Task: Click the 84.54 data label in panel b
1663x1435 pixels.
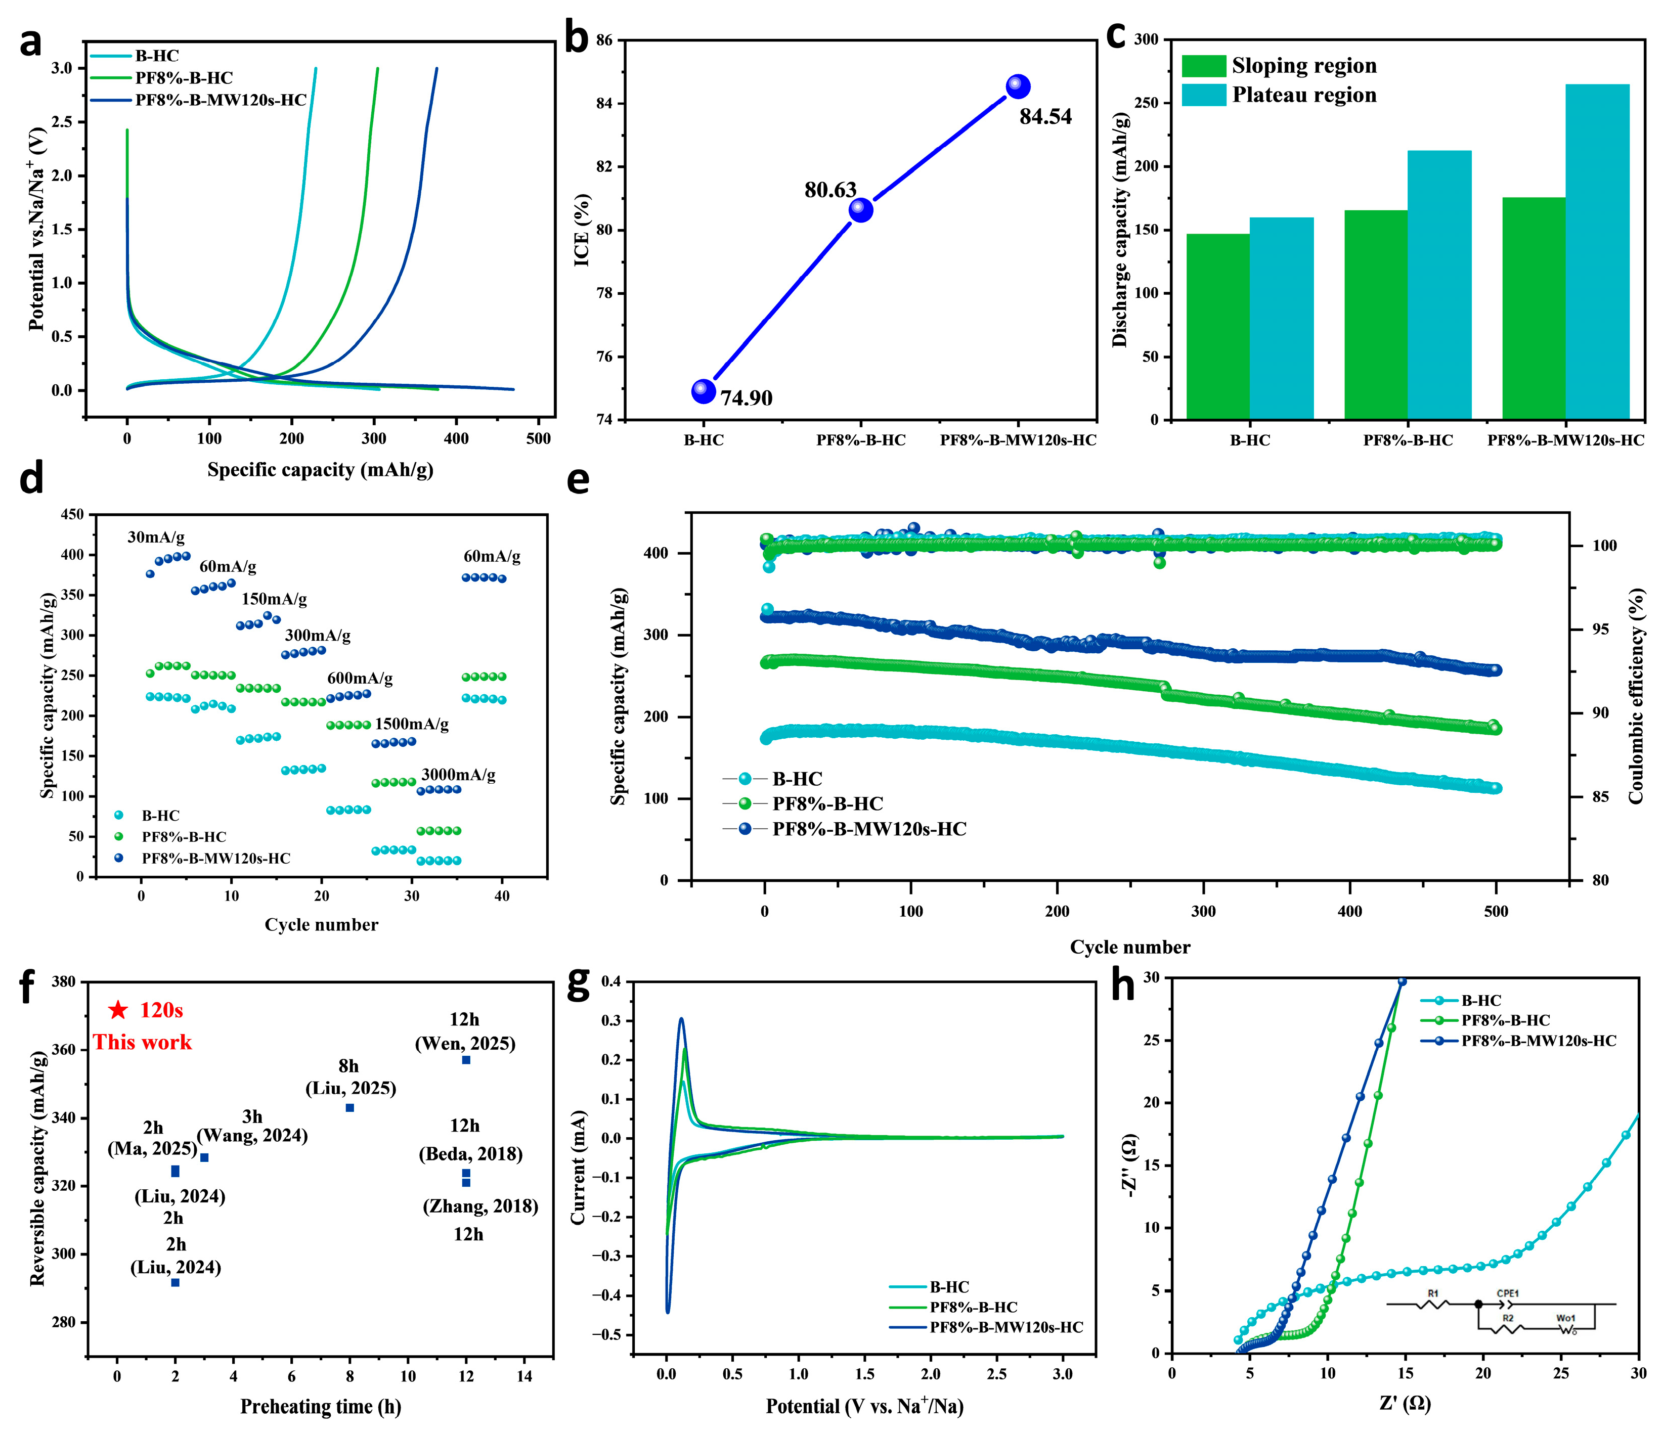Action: pos(1045,117)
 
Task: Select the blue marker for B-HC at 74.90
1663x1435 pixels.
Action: pos(703,391)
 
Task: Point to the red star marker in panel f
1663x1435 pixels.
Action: pos(118,1010)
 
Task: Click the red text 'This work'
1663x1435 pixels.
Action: pos(142,1043)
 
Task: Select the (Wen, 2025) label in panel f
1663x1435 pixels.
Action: pos(465,1043)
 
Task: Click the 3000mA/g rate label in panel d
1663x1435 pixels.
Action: pos(458,775)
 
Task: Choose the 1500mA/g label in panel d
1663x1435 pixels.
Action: pos(412,724)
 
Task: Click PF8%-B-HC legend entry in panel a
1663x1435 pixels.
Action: pos(184,78)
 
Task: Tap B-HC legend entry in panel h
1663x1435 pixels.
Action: pos(1481,1001)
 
